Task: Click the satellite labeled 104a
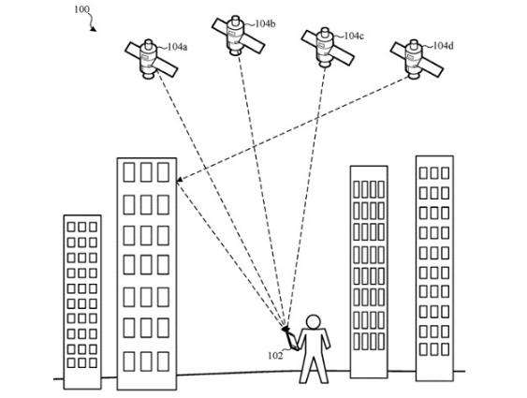pyautogui.click(x=150, y=59)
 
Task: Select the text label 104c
pyautogui.click(x=353, y=36)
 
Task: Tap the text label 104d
pyautogui.click(x=443, y=46)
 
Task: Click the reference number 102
pyautogui.click(x=274, y=356)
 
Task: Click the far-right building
pyautogui.click(x=434, y=267)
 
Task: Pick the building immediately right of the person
pyautogui.click(x=368, y=272)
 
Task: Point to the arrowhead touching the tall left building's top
pyautogui.click(x=179, y=184)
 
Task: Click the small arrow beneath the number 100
pyautogui.click(x=93, y=25)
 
